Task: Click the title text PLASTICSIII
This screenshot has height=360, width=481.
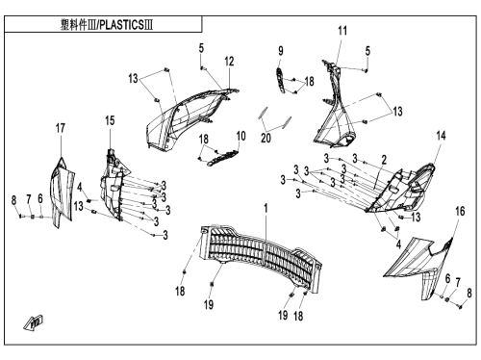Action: [x=126, y=25]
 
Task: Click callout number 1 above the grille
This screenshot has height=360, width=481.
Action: [x=266, y=208]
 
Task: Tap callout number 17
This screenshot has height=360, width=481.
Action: [x=61, y=128]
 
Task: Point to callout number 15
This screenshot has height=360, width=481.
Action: [x=110, y=120]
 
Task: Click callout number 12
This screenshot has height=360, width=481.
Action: [x=229, y=62]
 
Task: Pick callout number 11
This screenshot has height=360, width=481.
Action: [x=342, y=31]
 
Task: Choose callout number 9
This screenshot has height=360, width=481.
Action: [x=281, y=51]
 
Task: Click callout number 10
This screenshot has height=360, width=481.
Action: [x=240, y=136]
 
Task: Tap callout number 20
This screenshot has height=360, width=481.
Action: [x=266, y=139]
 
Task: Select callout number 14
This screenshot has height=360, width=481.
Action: [x=442, y=136]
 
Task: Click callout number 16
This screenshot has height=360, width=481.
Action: [x=460, y=211]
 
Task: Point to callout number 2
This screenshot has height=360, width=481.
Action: [x=384, y=160]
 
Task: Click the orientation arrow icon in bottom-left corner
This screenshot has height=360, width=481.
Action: [x=34, y=321]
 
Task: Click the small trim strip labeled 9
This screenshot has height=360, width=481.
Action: [x=281, y=80]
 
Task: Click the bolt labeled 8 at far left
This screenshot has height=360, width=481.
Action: [x=20, y=217]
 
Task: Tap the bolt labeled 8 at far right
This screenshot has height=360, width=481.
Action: [x=461, y=307]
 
